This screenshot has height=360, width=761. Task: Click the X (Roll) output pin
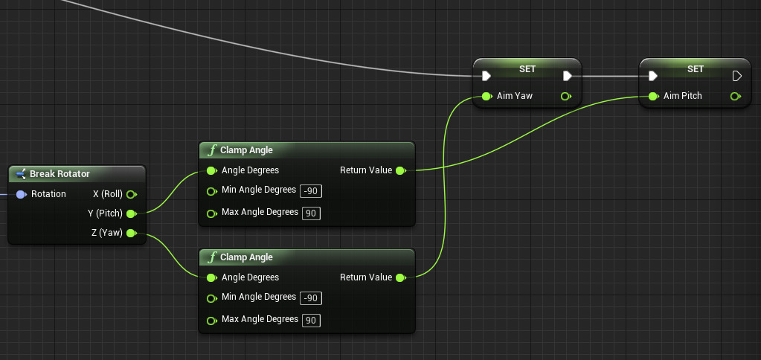click(x=131, y=194)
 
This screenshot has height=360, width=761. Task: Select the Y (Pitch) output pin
click(x=131, y=213)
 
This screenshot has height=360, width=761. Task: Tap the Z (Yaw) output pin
click(x=131, y=234)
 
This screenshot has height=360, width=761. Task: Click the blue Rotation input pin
click(x=21, y=194)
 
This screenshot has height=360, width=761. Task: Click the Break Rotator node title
click(x=60, y=174)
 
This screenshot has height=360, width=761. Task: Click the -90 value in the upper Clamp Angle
click(x=311, y=191)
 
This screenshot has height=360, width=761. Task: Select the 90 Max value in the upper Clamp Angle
click(x=311, y=213)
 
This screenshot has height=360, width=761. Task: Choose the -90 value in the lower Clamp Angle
click(x=311, y=298)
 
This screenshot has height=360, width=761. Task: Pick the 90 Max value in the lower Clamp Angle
click(x=311, y=321)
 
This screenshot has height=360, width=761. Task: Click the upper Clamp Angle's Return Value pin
click(x=400, y=170)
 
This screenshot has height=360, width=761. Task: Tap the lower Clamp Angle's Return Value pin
click(x=400, y=277)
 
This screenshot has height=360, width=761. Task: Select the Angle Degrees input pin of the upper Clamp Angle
click(x=211, y=170)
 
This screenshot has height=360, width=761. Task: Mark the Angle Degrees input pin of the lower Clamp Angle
click(x=211, y=277)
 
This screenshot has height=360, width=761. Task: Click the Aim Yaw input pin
click(x=486, y=96)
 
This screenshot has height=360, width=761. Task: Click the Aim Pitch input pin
click(x=652, y=96)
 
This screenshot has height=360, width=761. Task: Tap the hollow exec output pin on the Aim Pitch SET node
click(x=736, y=76)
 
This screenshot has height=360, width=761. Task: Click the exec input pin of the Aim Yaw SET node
click(x=486, y=76)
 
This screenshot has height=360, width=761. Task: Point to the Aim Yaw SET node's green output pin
click(x=565, y=96)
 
